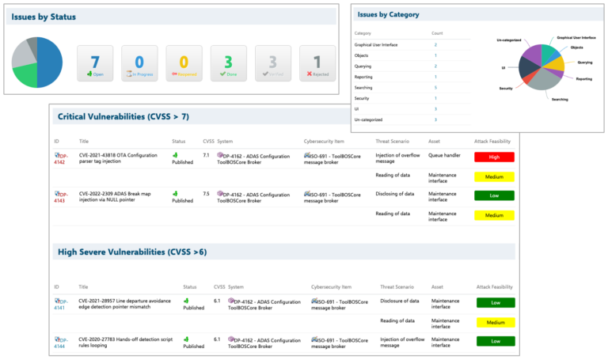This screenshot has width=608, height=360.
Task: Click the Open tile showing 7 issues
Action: pos(95,64)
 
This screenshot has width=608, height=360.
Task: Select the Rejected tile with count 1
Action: pos(317,64)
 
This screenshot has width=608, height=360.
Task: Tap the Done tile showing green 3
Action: pos(228,64)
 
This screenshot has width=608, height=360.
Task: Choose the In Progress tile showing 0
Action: pos(139,64)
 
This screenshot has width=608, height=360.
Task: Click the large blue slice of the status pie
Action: pos(49,63)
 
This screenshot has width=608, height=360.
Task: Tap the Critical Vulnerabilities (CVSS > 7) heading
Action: pos(123,116)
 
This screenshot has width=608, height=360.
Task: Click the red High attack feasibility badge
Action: pos(494,157)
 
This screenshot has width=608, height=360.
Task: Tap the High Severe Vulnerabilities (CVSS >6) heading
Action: pos(132,252)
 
